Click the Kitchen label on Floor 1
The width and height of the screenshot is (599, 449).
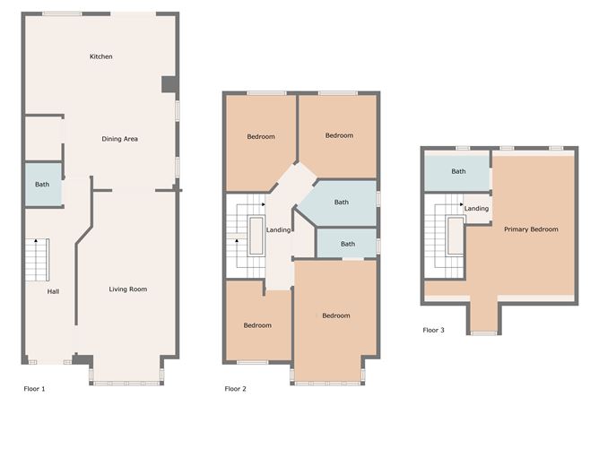click(x=100, y=56)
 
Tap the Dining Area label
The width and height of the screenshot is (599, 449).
click(x=119, y=139)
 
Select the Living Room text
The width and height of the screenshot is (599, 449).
click(x=128, y=289)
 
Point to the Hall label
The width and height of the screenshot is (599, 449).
click(x=53, y=291)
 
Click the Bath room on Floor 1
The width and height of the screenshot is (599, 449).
click(x=44, y=185)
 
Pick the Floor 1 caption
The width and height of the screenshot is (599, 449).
click(x=34, y=389)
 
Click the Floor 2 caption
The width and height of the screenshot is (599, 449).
click(x=235, y=389)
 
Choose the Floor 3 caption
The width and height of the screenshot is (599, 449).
click(x=434, y=331)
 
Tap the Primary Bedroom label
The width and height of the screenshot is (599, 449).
click(x=531, y=229)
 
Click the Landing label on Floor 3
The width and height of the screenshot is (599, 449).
click(x=476, y=209)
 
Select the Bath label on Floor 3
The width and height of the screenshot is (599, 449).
click(x=458, y=171)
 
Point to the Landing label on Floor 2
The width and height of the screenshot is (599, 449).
click(x=278, y=229)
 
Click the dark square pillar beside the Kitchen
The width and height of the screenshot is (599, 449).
click(x=169, y=84)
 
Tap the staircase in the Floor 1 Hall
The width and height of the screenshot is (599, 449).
click(x=38, y=260)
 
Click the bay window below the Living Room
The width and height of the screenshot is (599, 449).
click(x=126, y=383)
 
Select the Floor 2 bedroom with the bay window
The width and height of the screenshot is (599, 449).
click(x=335, y=321)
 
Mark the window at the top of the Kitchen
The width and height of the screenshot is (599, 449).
click(x=62, y=14)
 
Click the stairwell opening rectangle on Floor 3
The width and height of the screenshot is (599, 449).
click(x=456, y=236)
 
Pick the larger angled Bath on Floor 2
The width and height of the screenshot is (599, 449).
click(x=342, y=203)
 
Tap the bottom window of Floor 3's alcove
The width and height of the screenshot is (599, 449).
click(x=483, y=333)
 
